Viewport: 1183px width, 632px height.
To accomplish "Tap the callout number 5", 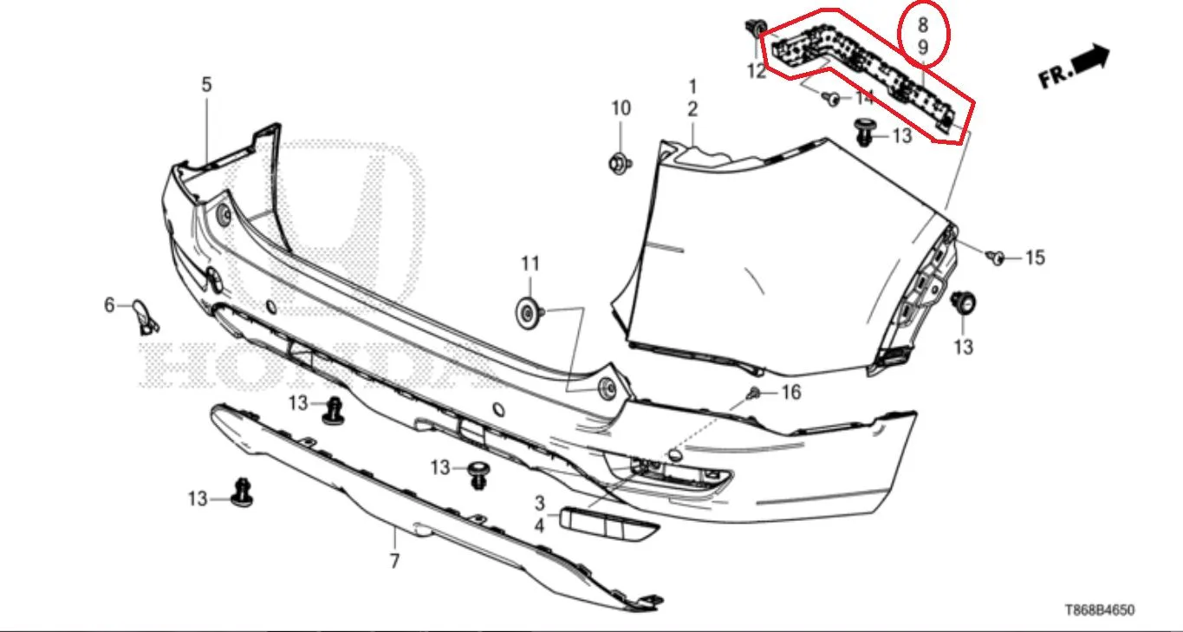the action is pyautogui.click(x=206, y=85).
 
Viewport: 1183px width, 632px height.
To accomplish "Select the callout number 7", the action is pyautogui.click(x=394, y=561).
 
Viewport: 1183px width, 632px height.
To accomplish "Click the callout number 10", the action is pyautogui.click(x=621, y=108).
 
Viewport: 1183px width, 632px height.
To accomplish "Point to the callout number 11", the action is pyautogui.click(x=530, y=264).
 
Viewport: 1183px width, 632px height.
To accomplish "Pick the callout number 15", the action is pyautogui.click(x=1035, y=257).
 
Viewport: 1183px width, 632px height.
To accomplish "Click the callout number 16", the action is pyautogui.click(x=790, y=392).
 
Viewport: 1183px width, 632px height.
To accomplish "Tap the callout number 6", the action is pyautogui.click(x=109, y=305).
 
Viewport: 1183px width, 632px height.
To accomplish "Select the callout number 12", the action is pyautogui.click(x=757, y=71).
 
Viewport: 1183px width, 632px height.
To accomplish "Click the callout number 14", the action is pyautogui.click(x=864, y=98).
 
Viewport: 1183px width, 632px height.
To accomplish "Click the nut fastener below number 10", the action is pyautogui.click(x=620, y=163).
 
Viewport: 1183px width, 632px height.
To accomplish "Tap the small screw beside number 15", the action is pyautogui.click(x=996, y=257).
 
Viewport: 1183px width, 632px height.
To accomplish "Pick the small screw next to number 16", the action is pyautogui.click(x=754, y=393).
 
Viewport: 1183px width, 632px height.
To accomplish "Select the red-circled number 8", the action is pyautogui.click(x=923, y=25).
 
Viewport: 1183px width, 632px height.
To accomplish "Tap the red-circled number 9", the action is pyautogui.click(x=923, y=48).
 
